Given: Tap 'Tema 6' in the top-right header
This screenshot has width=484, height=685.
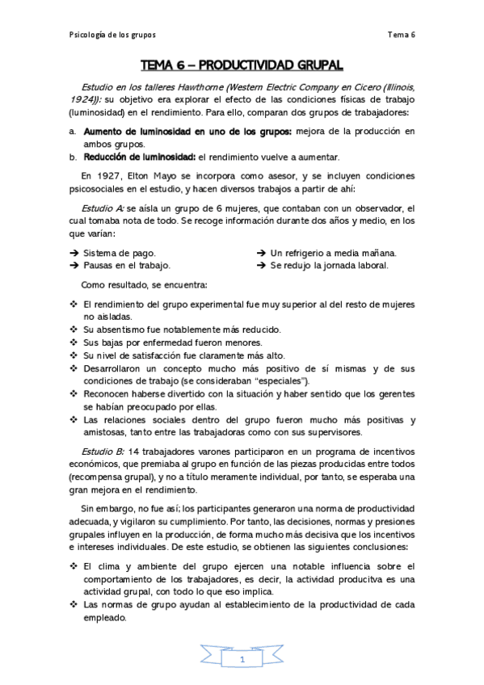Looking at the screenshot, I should tap(402, 36).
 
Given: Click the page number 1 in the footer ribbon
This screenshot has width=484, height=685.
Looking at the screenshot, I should tap(242, 659).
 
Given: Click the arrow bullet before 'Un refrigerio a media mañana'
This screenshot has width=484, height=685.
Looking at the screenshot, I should tap(261, 253).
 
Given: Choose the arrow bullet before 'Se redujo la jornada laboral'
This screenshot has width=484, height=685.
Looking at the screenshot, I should tap(261, 265).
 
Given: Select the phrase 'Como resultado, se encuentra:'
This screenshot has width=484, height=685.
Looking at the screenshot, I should tap(144, 284).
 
